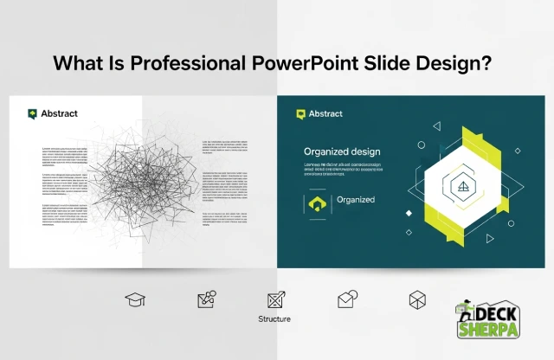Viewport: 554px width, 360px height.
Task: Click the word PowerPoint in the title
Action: pyautogui.click(x=333, y=64)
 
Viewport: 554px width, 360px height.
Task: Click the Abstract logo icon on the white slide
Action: pyautogui.click(x=33, y=113)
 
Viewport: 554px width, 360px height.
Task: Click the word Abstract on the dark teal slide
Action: pyautogui.click(x=325, y=113)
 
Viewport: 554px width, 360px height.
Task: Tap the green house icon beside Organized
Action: pyautogui.click(x=318, y=202)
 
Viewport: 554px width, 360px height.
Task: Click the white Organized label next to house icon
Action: pyautogui.click(x=356, y=200)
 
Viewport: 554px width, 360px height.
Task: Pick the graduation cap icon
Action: pyautogui.click(x=135, y=299)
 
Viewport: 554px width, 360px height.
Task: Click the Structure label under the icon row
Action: pyautogui.click(x=274, y=318)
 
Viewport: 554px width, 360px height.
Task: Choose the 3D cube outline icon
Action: pyautogui.click(x=417, y=299)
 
